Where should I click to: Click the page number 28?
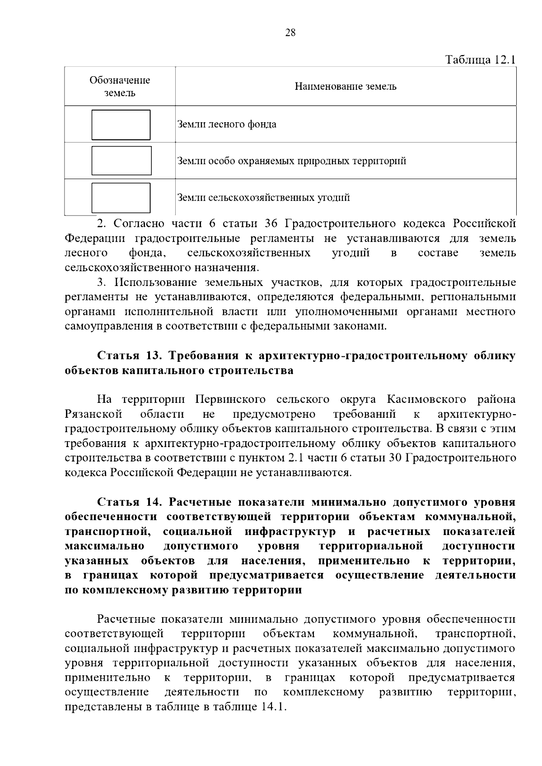pyautogui.click(x=290, y=32)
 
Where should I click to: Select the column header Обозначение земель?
pyautogui.click(x=120, y=87)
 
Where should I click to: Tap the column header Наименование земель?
pyautogui.click(x=346, y=87)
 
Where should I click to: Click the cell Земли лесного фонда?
pyautogui.click(x=227, y=125)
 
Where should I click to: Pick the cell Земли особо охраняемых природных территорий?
pyautogui.click(x=292, y=161)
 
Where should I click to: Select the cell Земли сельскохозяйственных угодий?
pyautogui.click(x=263, y=198)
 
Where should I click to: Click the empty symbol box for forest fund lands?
pyautogui.click(x=121, y=125)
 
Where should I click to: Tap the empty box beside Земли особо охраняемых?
pyautogui.click(x=121, y=161)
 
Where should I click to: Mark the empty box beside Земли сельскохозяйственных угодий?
pyautogui.click(x=121, y=198)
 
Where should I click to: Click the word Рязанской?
pyautogui.click(x=93, y=414)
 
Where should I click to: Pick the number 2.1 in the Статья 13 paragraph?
pyautogui.click(x=296, y=458)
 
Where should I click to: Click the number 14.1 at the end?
pyautogui.click(x=273, y=706)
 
